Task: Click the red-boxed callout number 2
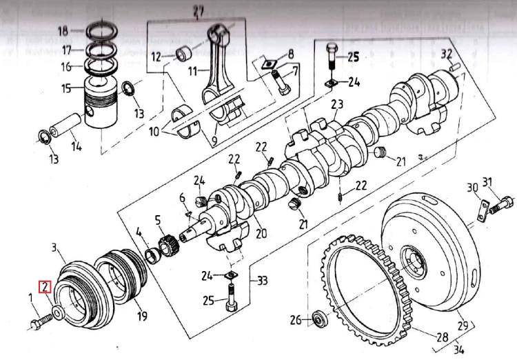45,287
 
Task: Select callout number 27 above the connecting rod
199,10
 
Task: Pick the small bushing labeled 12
185,53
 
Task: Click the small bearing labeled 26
319,319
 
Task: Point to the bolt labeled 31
504,203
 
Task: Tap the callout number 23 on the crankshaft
336,105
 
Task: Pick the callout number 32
447,53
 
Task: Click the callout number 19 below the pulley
142,317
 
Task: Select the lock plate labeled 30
485,209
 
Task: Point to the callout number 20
261,234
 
